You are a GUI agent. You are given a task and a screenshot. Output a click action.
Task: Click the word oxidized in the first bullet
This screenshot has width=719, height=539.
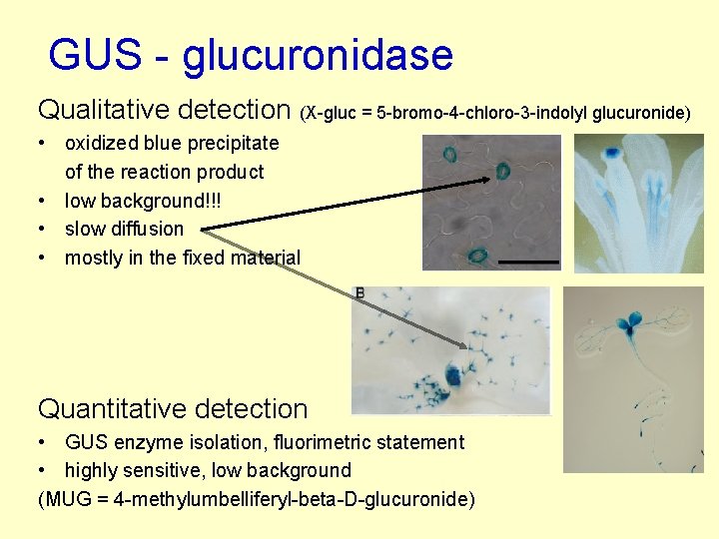[x=101, y=143]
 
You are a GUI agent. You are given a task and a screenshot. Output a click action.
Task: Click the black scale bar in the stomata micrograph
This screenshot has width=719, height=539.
[x=528, y=261]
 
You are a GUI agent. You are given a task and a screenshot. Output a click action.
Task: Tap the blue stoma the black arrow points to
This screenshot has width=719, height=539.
[x=503, y=174]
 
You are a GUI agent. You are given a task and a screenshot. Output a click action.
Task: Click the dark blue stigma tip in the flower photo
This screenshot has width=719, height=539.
[x=611, y=154]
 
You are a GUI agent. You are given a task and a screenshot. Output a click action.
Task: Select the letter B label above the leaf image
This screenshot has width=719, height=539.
[x=359, y=292]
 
